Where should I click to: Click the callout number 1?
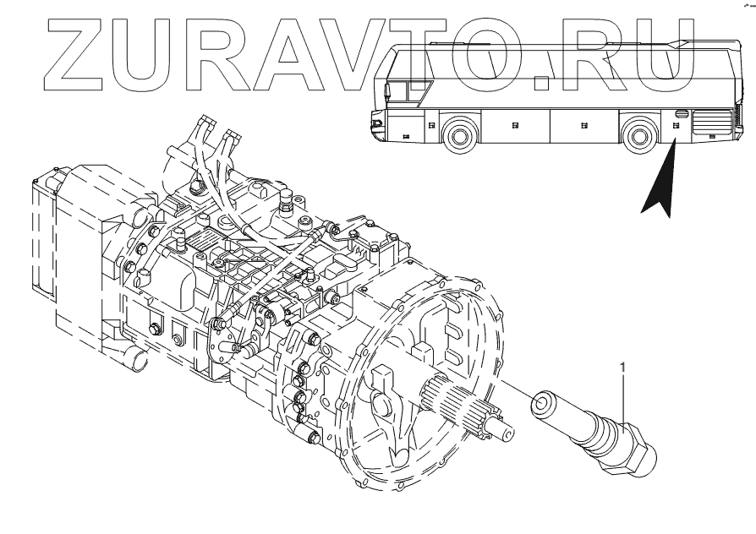(624, 368)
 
